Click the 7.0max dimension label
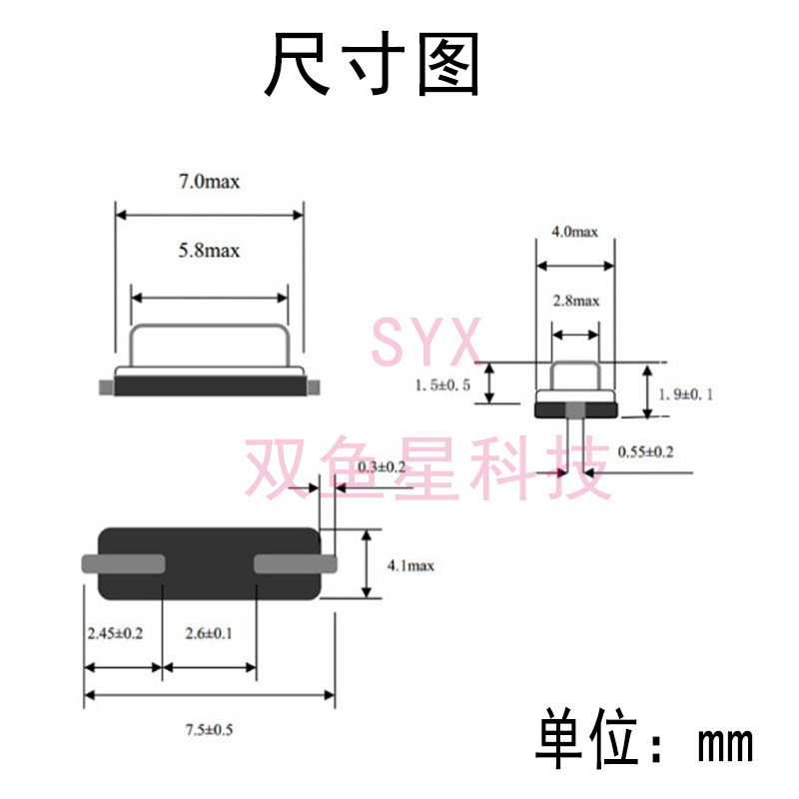coord(209,182)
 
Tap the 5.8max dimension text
coord(209,250)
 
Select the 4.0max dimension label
coord(574,232)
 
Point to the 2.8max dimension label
coord(575,300)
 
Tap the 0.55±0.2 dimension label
coord(646,451)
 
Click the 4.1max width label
coord(409,565)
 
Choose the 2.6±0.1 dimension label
coord(207,632)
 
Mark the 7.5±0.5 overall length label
coord(208,730)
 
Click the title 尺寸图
coord(373,65)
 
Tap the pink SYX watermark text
coord(426,344)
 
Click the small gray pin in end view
coord(576,407)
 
